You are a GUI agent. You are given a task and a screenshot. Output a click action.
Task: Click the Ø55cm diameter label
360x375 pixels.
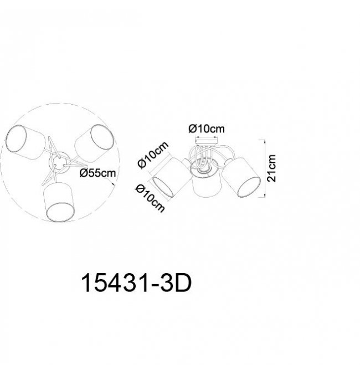[x=97, y=173]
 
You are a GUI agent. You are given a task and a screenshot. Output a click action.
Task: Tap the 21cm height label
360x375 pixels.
[x=271, y=168]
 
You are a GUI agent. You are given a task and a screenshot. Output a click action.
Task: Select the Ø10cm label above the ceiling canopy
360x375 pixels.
[x=207, y=129]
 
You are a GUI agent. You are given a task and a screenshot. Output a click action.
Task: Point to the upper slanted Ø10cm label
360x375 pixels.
[x=153, y=155]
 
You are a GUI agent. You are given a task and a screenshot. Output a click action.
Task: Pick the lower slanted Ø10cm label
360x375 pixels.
[x=150, y=198]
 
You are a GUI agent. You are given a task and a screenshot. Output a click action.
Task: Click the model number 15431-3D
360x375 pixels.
[x=137, y=283]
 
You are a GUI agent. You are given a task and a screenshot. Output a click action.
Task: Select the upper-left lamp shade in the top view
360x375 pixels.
[x=25, y=142]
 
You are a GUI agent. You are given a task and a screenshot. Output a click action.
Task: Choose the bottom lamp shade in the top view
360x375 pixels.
[x=60, y=202]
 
